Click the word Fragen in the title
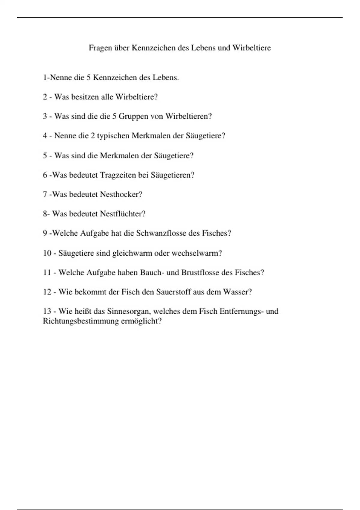tap(100, 48)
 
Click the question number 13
tap(47, 311)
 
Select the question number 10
tap(47, 253)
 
